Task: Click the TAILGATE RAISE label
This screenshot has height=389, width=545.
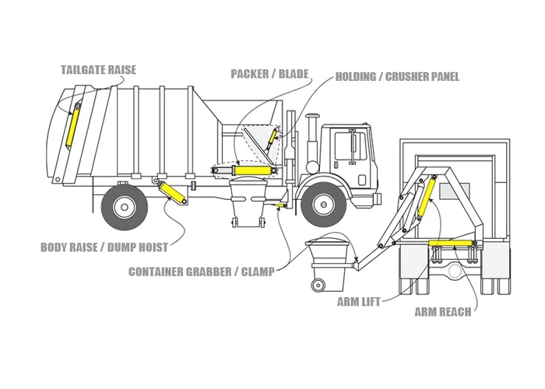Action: [x=98, y=70]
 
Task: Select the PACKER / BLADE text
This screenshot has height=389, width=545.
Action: [x=269, y=74]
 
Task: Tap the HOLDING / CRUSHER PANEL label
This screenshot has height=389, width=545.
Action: [x=397, y=77]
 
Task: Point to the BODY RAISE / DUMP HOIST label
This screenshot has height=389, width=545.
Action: [x=104, y=247]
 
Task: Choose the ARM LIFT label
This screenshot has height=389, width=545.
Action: [x=359, y=301]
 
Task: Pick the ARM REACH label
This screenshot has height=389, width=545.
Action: [x=442, y=312]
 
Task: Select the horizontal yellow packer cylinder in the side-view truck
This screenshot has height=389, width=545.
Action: [x=251, y=170]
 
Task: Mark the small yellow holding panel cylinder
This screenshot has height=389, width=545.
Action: [x=272, y=139]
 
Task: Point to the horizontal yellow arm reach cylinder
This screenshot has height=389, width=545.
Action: [x=453, y=244]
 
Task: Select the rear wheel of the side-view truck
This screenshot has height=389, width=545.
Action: [x=124, y=206]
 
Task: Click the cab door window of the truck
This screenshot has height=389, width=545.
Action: [x=358, y=145]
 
